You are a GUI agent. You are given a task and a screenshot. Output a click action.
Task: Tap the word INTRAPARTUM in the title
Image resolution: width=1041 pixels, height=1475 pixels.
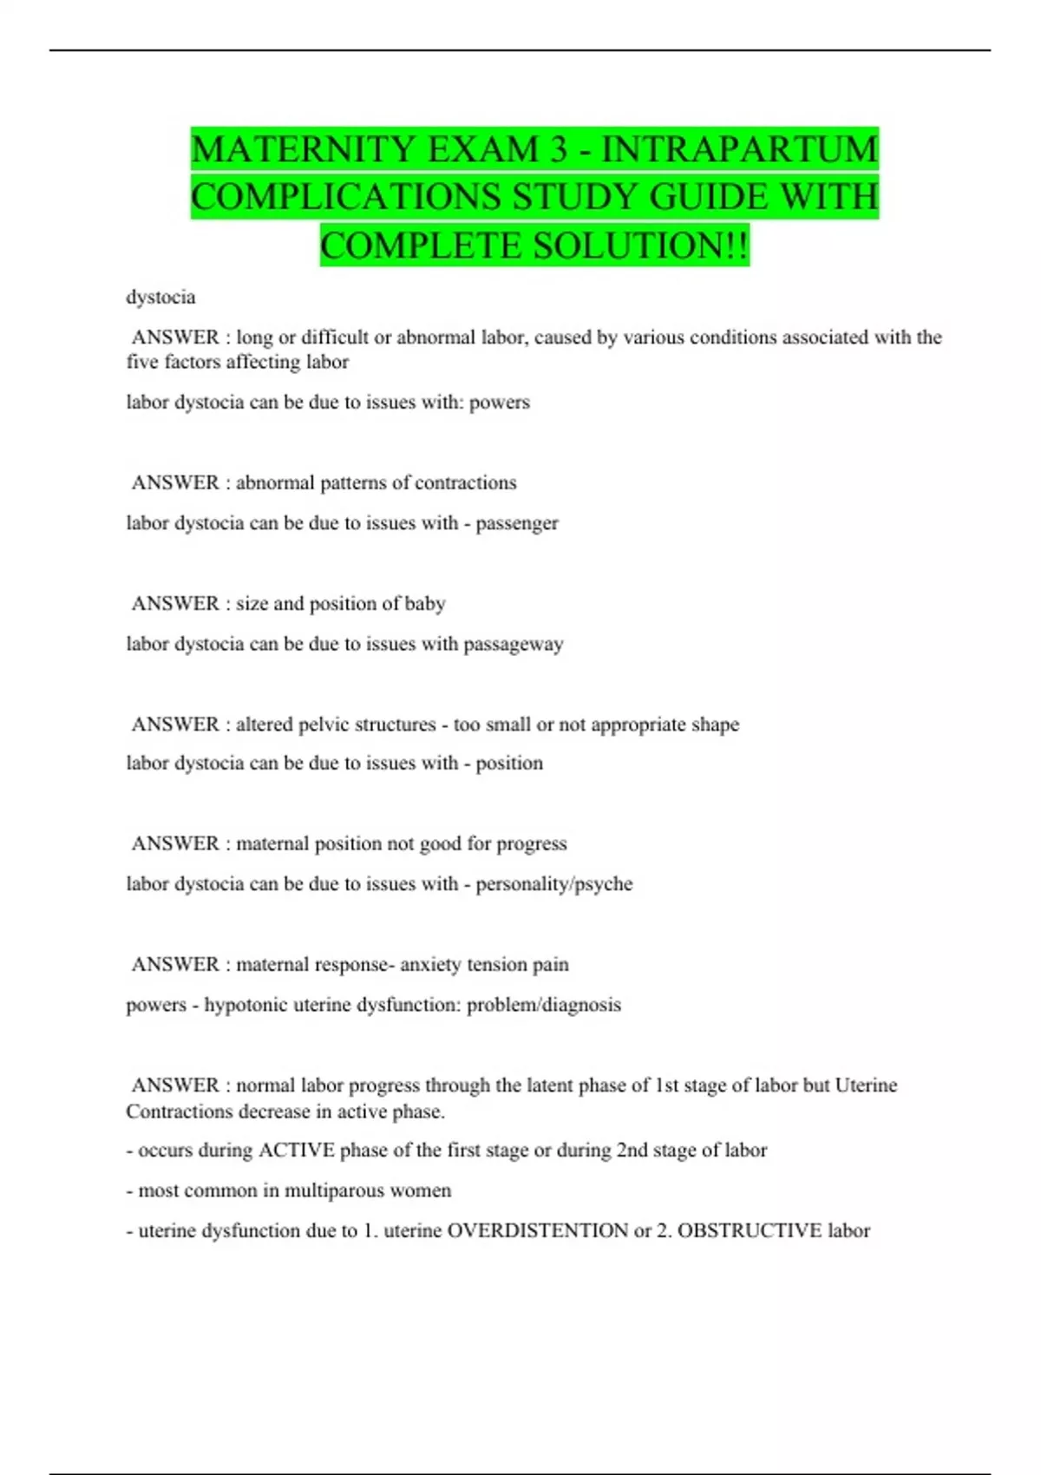coord(740,149)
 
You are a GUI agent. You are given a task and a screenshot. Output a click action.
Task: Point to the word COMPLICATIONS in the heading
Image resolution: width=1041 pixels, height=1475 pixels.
coord(345,197)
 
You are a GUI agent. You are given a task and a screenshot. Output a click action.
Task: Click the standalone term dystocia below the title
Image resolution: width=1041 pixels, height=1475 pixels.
coord(160,298)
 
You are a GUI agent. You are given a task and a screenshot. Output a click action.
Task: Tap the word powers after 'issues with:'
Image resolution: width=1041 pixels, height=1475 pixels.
coord(499,403)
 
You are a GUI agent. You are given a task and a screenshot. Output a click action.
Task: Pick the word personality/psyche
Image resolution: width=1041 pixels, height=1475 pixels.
coord(553,884)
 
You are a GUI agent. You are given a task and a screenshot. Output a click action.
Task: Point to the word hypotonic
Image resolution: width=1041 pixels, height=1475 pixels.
coord(246,1005)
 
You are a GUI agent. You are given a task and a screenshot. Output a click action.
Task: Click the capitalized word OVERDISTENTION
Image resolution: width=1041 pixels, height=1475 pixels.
coord(537,1230)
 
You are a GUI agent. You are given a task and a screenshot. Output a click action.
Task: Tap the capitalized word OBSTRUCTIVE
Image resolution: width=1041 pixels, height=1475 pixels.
coord(750,1230)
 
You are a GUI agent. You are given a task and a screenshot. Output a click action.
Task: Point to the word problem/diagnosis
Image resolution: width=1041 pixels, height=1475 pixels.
coord(544,1005)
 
